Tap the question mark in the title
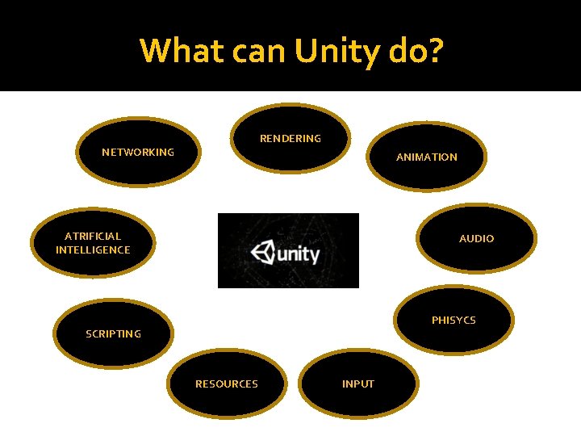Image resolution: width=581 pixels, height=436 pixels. pyautogui.click(x=434, y=51)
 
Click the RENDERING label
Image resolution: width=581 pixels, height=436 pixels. pyautogui.click(x=290, y=139)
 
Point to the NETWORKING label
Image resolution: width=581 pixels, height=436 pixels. pyautogui.click(x=138, y=152)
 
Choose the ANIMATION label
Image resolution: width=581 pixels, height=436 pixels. pyautogui.click(x=426, y=157)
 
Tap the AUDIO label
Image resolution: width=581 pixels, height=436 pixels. pyautogui.click(x=476, y=239)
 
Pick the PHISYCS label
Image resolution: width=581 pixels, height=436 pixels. pyautogui.click(x=454, y=321)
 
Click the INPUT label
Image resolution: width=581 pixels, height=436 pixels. pyautogui.click(x=358, y=384)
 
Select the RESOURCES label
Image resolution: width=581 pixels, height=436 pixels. pyautogui.click(x=227, y=384)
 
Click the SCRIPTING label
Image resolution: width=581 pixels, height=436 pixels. pyautogui.click(x=113, y=333)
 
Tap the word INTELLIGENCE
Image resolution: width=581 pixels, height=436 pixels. pyautogui.click(x=93, y=250)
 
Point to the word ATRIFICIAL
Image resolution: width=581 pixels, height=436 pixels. pyautogui.click(x=93, y=237)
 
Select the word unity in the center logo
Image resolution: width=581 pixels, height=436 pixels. pyautogui.click(x=299, y=255)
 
